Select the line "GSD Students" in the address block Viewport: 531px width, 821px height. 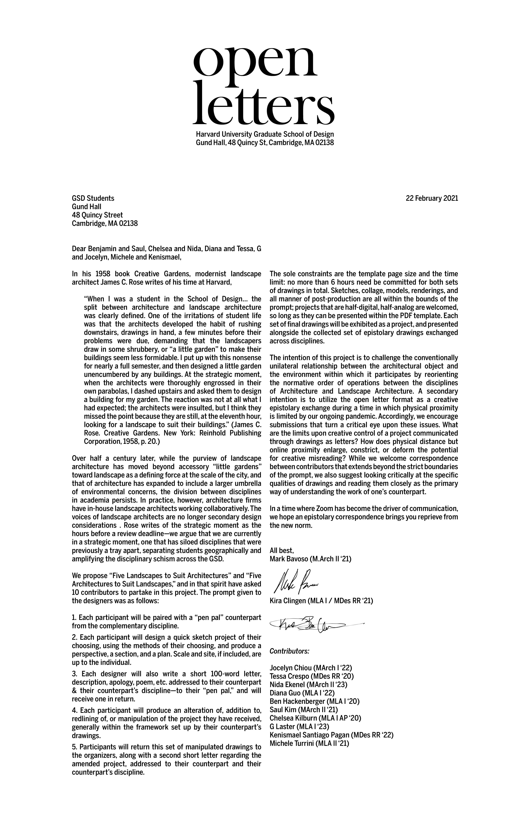click(93, 198)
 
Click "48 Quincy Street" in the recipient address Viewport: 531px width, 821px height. click(97, 215)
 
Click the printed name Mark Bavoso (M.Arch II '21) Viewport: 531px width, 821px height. click(310, 559)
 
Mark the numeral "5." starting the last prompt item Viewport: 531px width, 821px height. click(75, 747)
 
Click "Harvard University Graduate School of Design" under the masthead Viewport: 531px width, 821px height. click(265, 134)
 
